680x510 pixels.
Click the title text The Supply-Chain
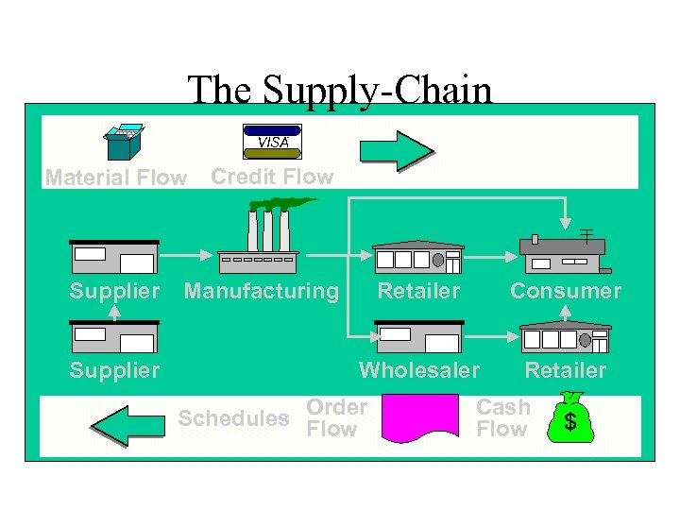point(340,91)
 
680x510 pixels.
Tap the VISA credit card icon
point(272,142)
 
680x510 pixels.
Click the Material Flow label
point(115,178)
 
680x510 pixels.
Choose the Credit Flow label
point(272,177)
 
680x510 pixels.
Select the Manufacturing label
point(261,291)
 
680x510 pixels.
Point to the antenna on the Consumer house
point(586,233)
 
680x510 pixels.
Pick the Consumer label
point(566,291)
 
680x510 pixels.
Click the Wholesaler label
point(419,369)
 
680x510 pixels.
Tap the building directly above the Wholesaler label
point(418,337)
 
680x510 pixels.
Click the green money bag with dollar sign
point(570,417)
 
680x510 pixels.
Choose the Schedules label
point(233,418)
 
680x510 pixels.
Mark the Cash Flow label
point(502,417)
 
